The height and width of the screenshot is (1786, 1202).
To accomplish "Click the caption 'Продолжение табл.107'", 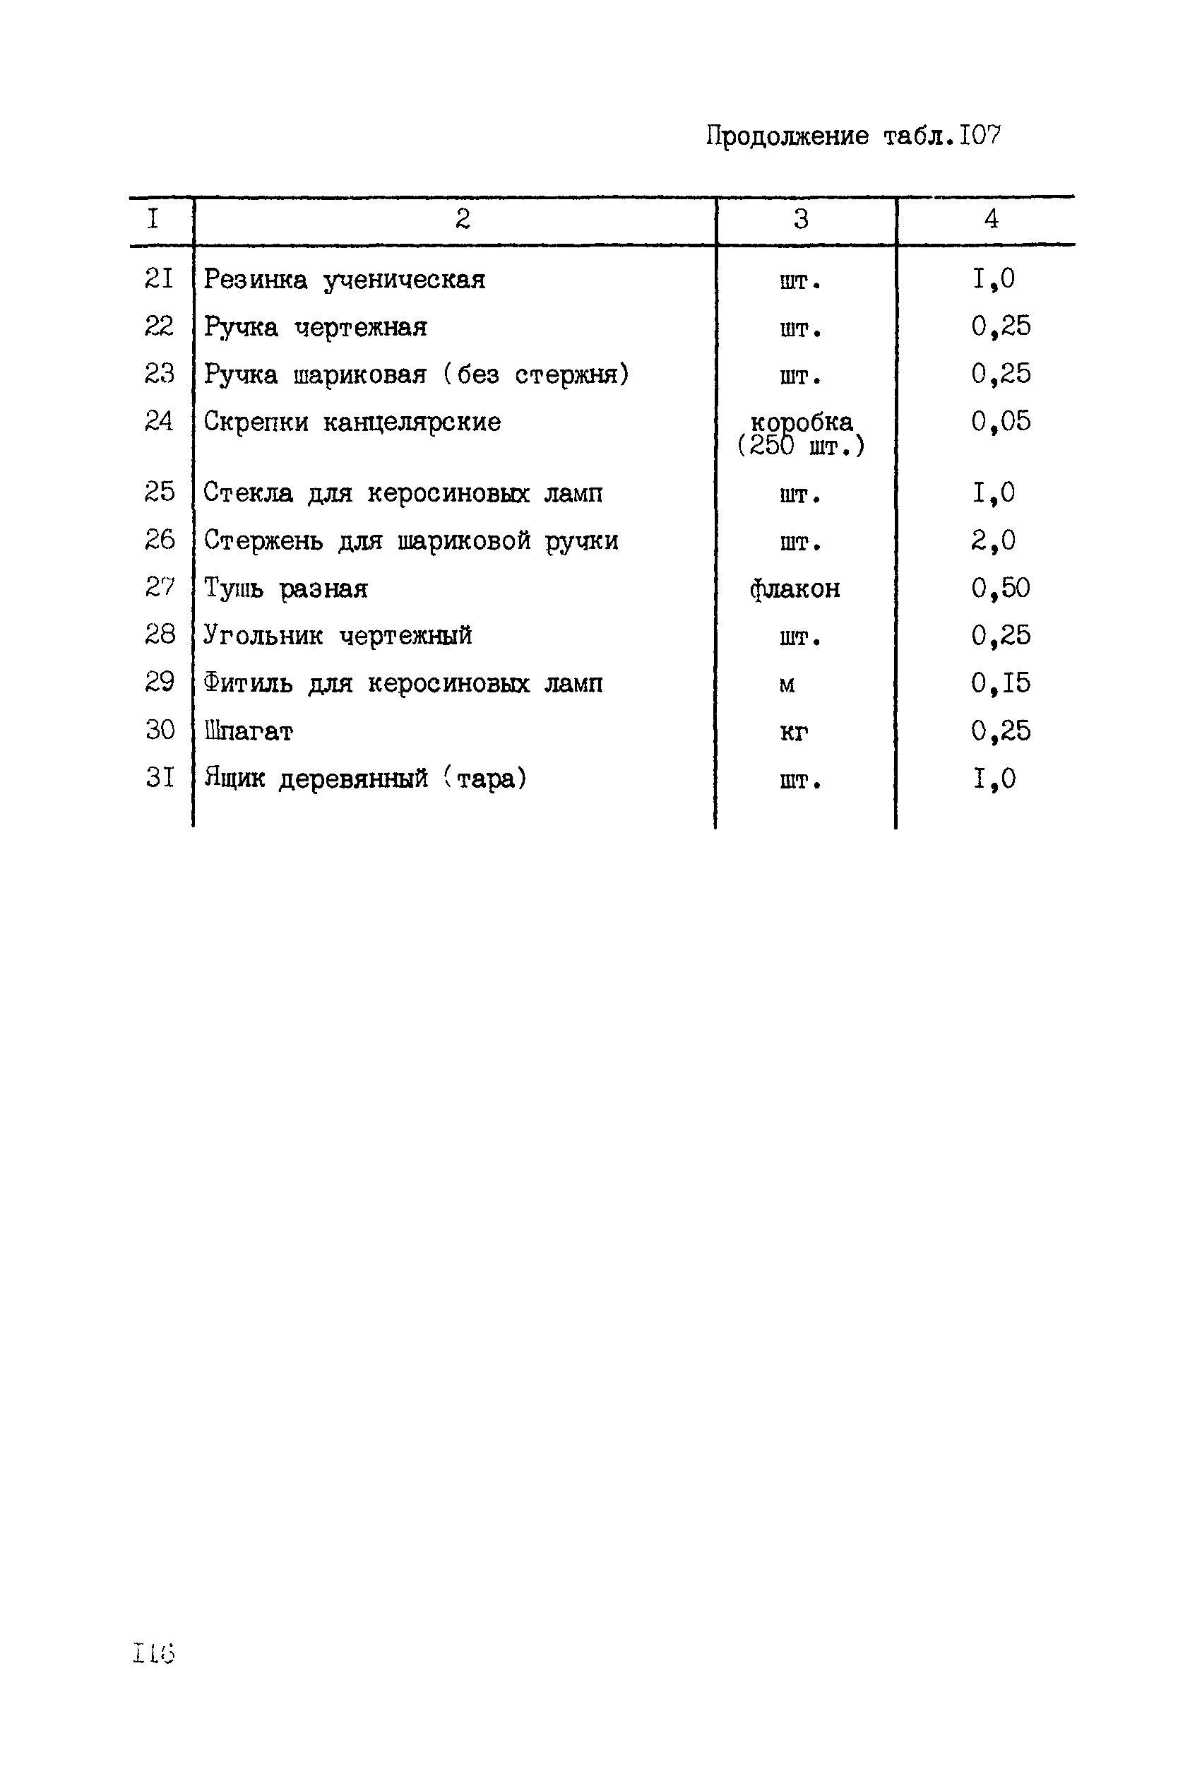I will pyautogui.click(x=852, y=136).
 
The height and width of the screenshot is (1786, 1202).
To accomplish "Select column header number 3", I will pyautogui.click(x=800, y=220).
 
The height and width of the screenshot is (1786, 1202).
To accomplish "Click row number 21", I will pyautogui.click(x=160, y=278).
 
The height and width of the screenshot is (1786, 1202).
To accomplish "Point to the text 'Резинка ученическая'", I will pyautogui.click(x=344, y=280).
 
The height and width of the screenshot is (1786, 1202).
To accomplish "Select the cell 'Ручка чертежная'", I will pyautogui.click(x=315, y=327).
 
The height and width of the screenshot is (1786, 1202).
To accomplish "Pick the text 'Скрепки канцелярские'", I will pyautogui.click(x=352, y=422).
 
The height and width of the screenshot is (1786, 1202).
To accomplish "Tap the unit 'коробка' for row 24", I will pyautogui.click(x=801, y=422).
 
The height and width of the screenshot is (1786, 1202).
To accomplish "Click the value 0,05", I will pyautogui.click(x=1001, y=421).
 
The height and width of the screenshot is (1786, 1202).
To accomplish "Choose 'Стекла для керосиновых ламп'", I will pyautogui.click(x=403, y=493).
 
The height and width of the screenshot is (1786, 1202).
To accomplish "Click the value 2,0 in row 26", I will pyautogui.click(x=994, y=540).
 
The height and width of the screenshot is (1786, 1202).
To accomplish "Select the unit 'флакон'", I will pyautogui.click(x=795, y=589).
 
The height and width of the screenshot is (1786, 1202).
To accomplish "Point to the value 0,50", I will pyautogui.click(x=1001, y=589).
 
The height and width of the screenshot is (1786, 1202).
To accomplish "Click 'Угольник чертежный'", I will pyautogui.click(x=338, y=636).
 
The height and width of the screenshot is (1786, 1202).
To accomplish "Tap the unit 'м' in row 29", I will pyautogui.click(x=787, y=685).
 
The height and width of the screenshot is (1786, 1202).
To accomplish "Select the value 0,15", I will pyautogui.click(x=1001, y=683).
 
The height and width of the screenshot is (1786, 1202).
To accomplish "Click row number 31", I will pyautogui.click(x=160, y=779).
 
